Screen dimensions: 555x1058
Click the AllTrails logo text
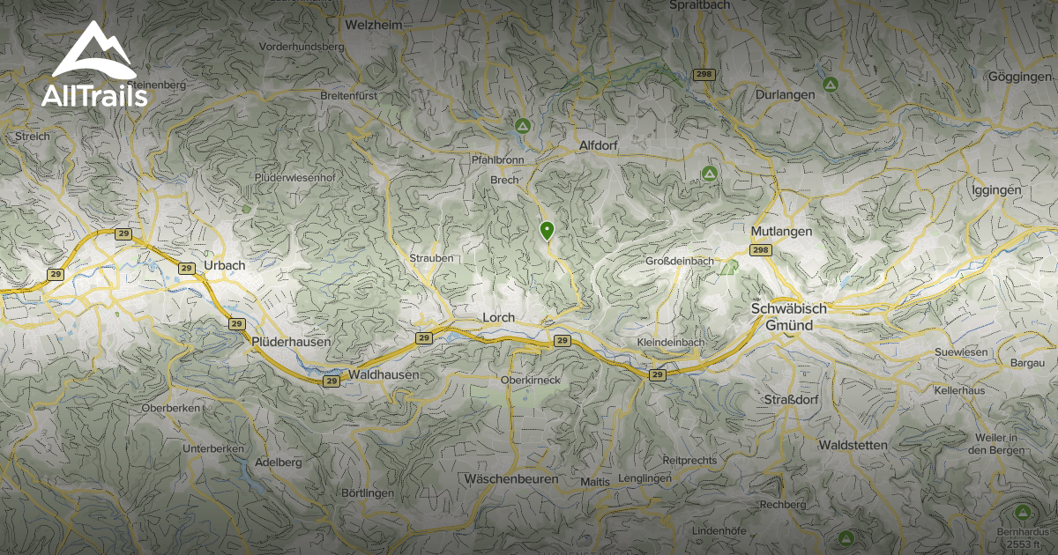[x=94, y=96]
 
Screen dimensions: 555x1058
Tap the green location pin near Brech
[x=547, y=231]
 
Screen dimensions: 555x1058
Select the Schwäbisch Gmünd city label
[x=788, y=317]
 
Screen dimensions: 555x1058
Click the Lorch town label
[x=498, y=317]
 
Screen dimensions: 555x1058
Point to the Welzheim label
[x=374, y=26]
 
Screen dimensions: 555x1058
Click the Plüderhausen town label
[x=291, y=342]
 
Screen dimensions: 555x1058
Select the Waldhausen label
[x=384, y=375]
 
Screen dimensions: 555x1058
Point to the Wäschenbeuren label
[x=510, y=479]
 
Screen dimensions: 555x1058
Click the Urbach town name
[x=224, y=265]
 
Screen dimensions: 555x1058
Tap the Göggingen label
[x=1021, y=78]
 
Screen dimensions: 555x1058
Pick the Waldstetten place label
[x=853, y=446]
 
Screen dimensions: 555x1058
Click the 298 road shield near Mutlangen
[x=761, y=251]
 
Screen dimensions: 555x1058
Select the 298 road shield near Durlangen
[x=703, y=74]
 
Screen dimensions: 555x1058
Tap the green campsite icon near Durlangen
[x=830, y=85]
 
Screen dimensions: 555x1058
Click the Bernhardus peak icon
[x=1023, y=512]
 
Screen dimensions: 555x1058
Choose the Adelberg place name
[x=278, y=462]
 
